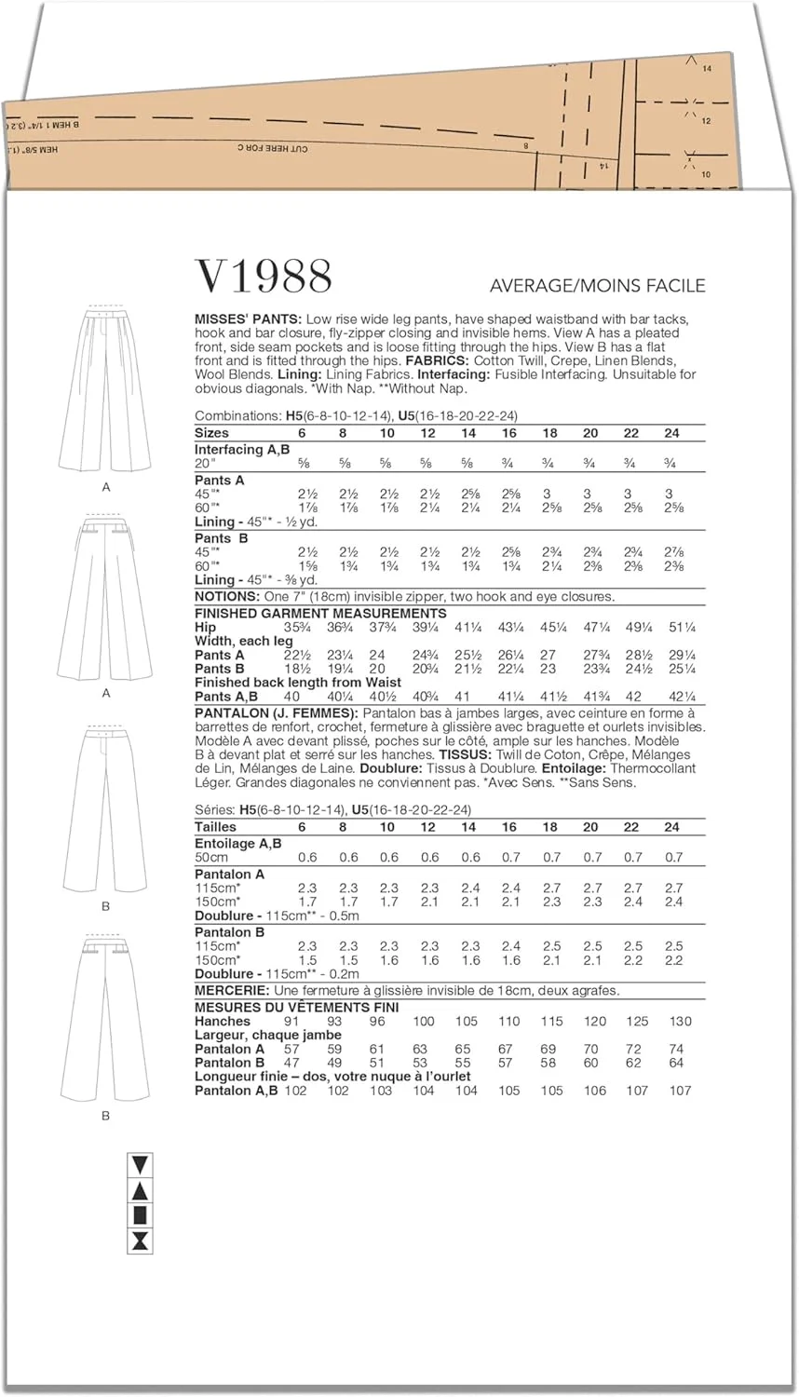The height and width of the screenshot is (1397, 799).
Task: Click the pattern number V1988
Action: (264, 277)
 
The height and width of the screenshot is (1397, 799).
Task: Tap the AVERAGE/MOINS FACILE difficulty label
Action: (597, 286)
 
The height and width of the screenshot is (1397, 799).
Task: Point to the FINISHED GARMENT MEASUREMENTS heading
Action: (320, 613)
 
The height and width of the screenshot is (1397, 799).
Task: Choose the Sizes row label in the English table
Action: (211, 433)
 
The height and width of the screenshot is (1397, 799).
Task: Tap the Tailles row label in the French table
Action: (215, 827)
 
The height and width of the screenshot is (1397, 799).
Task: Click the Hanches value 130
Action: (680, 1022)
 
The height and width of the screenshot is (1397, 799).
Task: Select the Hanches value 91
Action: (291, 1022)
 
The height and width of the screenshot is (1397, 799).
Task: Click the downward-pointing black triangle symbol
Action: (141, 1164)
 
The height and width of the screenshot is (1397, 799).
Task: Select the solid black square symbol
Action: (141, 1214)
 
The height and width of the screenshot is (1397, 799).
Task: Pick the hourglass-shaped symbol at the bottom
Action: (141, 1240)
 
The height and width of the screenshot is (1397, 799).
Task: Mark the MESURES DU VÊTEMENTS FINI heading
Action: (296, 1007)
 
